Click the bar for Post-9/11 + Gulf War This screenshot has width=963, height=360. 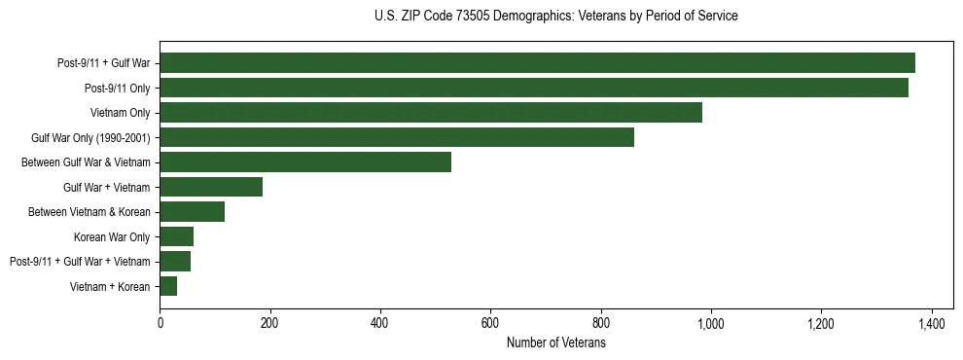(537, 63)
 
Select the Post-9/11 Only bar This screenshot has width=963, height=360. (534, 88)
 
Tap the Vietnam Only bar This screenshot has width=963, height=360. (431, 113)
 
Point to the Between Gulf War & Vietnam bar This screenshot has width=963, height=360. (305, 162)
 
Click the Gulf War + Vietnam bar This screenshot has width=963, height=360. (211, 187)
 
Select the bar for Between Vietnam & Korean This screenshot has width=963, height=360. (192, 212)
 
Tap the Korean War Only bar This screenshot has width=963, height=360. (176, 236)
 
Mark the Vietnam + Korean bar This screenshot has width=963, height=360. (168, 286)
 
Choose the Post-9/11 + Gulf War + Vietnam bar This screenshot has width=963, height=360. (175, 262)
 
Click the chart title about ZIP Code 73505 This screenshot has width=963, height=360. (555, 17)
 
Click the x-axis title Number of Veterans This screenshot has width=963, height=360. (555, 343)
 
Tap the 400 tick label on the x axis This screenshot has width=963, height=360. (380, 323)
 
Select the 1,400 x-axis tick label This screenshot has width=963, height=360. (932, 323)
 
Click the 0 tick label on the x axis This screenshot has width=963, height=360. (160, 323)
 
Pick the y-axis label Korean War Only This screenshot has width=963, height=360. (112, 236)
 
